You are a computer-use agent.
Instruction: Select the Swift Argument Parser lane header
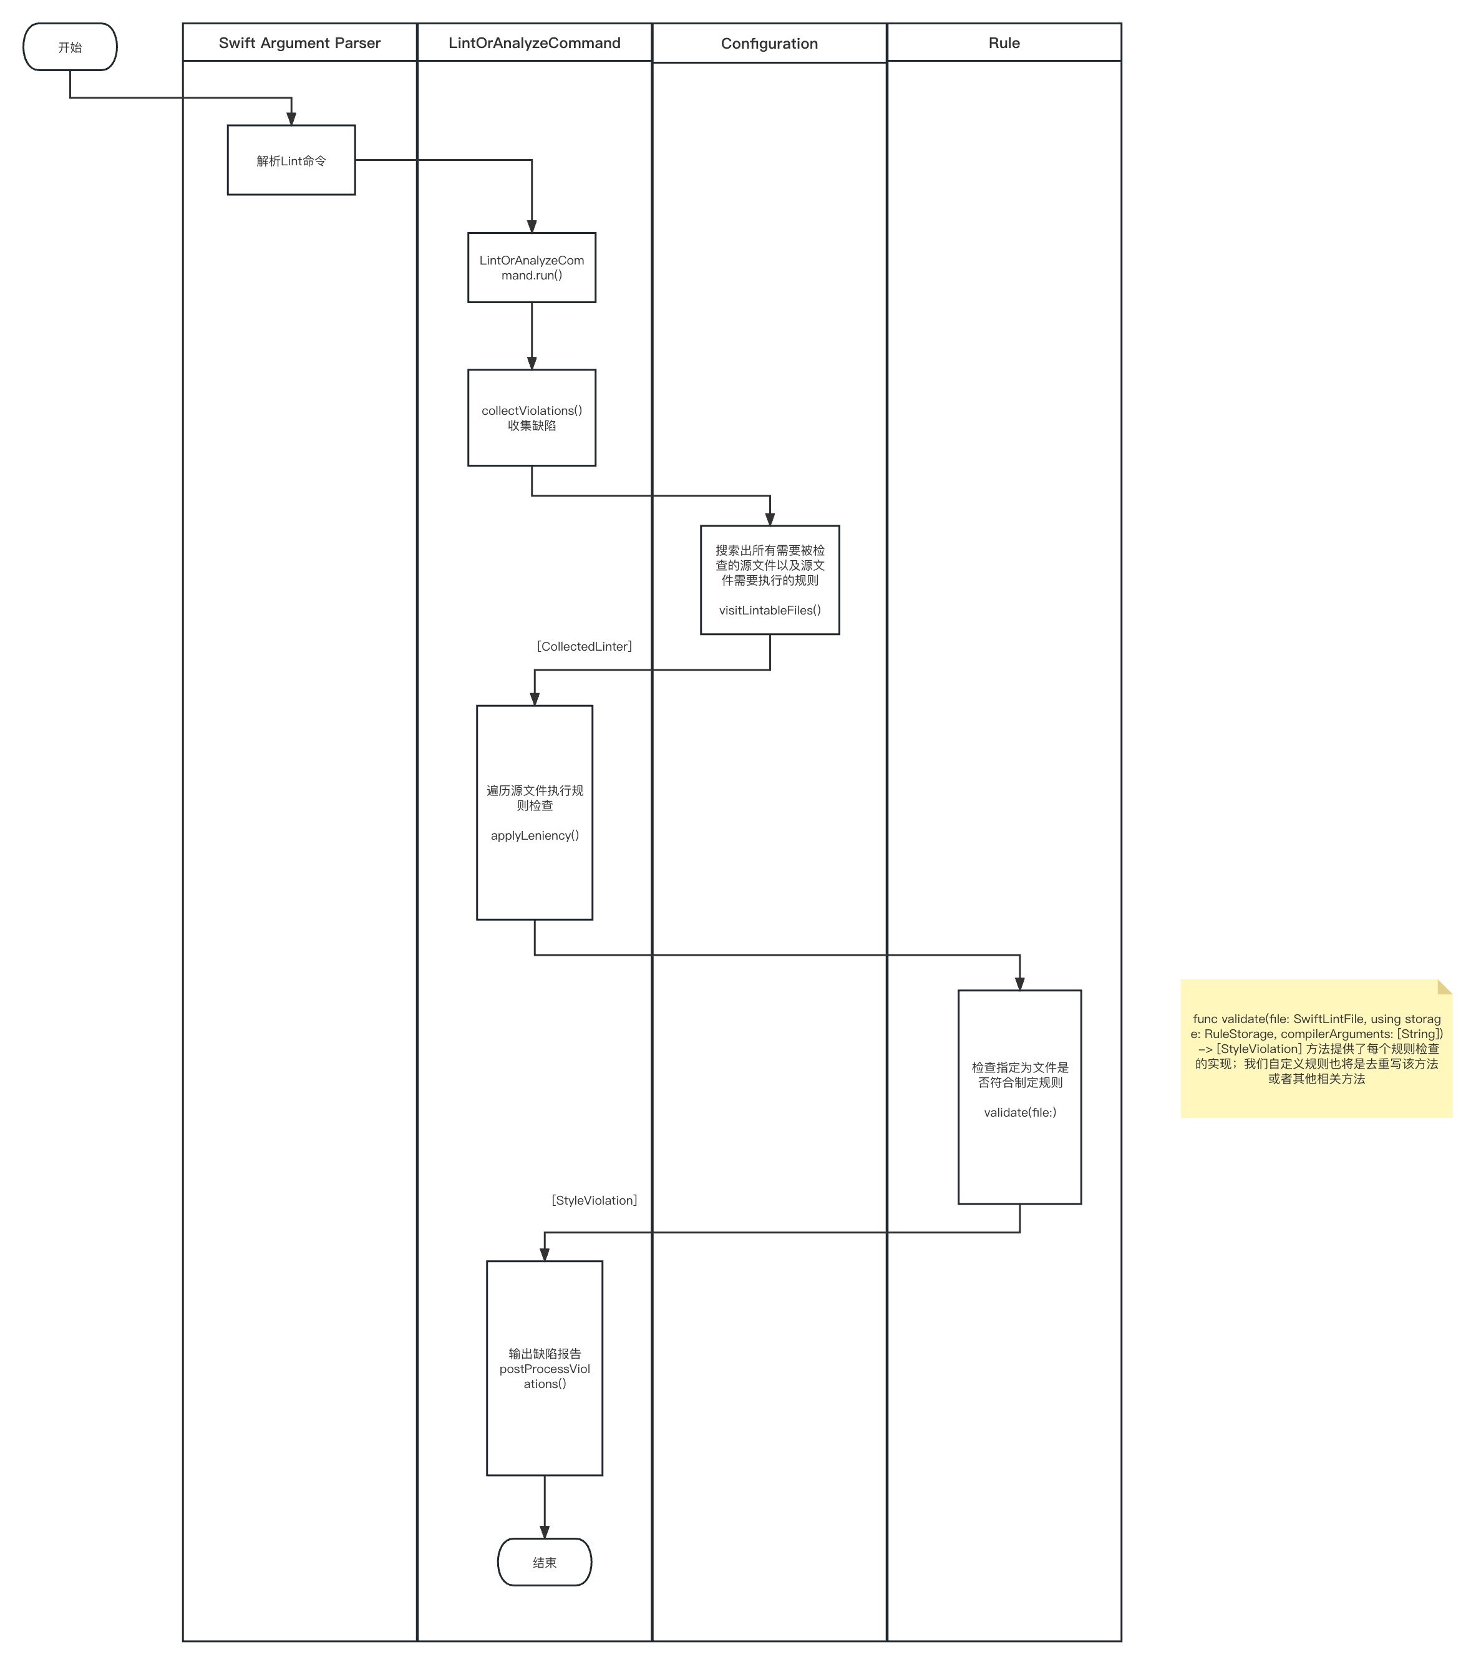[300, 42]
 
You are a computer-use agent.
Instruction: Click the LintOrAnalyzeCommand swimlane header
[535, 42]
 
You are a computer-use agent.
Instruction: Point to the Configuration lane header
[770, 43]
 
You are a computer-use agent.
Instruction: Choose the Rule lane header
[1004, 42]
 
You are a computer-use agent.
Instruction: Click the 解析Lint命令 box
[291, 160]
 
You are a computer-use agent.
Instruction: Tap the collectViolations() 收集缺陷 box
[532, 418]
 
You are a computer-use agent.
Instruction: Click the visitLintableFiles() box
[770, 580]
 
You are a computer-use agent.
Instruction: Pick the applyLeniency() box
[535, 813]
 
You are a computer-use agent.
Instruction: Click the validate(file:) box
[1020, 1097]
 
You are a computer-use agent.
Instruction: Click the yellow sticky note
[1316, 1049]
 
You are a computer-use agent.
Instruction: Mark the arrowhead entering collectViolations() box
[532, 363]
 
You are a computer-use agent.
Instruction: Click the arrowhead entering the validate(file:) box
[1020, 984]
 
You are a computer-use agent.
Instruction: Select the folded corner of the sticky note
[1445, 988]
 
